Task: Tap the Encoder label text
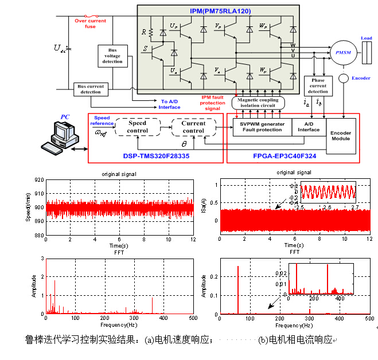pos(361,78)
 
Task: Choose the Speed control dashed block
pos(138,127)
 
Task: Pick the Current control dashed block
pos(193,127)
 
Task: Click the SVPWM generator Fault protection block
pos(262,127)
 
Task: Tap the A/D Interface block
pos(309,127)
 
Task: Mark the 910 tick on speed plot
pos(38,194)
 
